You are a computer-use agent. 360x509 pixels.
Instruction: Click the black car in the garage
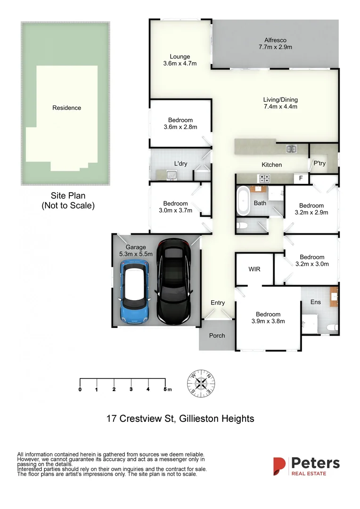[175, 281]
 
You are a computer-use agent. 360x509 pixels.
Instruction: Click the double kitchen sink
[291, 149]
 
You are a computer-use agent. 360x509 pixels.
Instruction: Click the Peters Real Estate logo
[306, 466]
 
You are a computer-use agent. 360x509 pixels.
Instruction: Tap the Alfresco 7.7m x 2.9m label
[275, 43]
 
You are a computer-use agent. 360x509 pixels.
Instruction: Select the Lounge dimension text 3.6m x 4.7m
[180, 63]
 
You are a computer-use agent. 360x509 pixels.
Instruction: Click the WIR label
[254, 269]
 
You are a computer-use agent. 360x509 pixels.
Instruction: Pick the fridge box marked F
[300, 179]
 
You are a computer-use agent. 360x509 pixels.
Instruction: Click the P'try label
[319, 163]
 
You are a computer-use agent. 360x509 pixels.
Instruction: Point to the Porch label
[217, 336]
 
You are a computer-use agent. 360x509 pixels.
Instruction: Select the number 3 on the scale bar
[131, 389]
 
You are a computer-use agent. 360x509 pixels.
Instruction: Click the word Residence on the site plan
[66, 108]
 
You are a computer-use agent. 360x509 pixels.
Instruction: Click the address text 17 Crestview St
[139, 418]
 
